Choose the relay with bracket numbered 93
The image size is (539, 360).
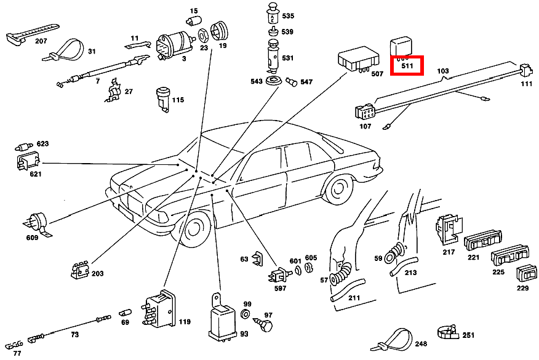220,320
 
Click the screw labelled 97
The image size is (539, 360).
268,326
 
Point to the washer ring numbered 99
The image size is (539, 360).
246,314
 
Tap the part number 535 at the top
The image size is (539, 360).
288,15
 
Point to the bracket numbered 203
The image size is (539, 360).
79,270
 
